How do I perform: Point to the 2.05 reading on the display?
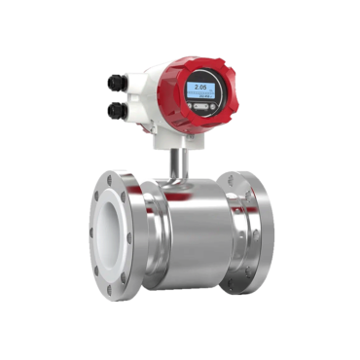201,87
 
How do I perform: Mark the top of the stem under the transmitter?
178,144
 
